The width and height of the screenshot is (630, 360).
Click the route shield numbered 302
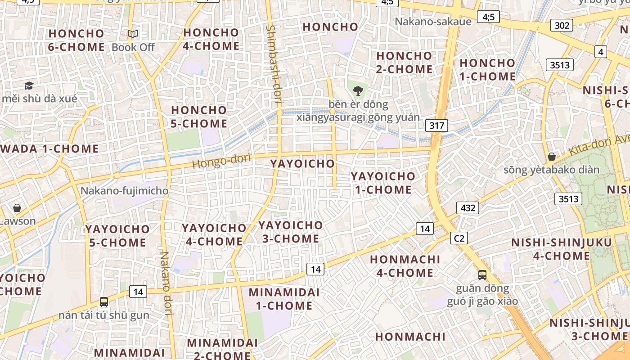562,25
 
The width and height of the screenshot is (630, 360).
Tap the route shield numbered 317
436,126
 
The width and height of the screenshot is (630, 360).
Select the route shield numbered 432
468,208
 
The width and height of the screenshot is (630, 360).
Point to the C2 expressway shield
459,238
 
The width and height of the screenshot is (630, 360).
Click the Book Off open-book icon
132,34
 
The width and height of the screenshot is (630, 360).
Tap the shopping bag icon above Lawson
17,208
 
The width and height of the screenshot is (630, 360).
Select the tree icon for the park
358,91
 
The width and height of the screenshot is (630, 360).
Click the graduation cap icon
29,85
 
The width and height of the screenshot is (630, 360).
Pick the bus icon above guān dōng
482,274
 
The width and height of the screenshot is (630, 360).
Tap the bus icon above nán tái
104,302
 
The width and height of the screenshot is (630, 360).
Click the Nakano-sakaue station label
433,21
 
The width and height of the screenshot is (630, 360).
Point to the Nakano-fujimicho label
124,191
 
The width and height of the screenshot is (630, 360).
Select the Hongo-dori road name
221,161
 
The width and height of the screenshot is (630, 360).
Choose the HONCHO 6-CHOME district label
76,40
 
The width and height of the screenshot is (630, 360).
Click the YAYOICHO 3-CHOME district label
291,232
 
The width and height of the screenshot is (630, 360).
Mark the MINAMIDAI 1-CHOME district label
284,299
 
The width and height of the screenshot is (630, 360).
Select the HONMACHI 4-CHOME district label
405,266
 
